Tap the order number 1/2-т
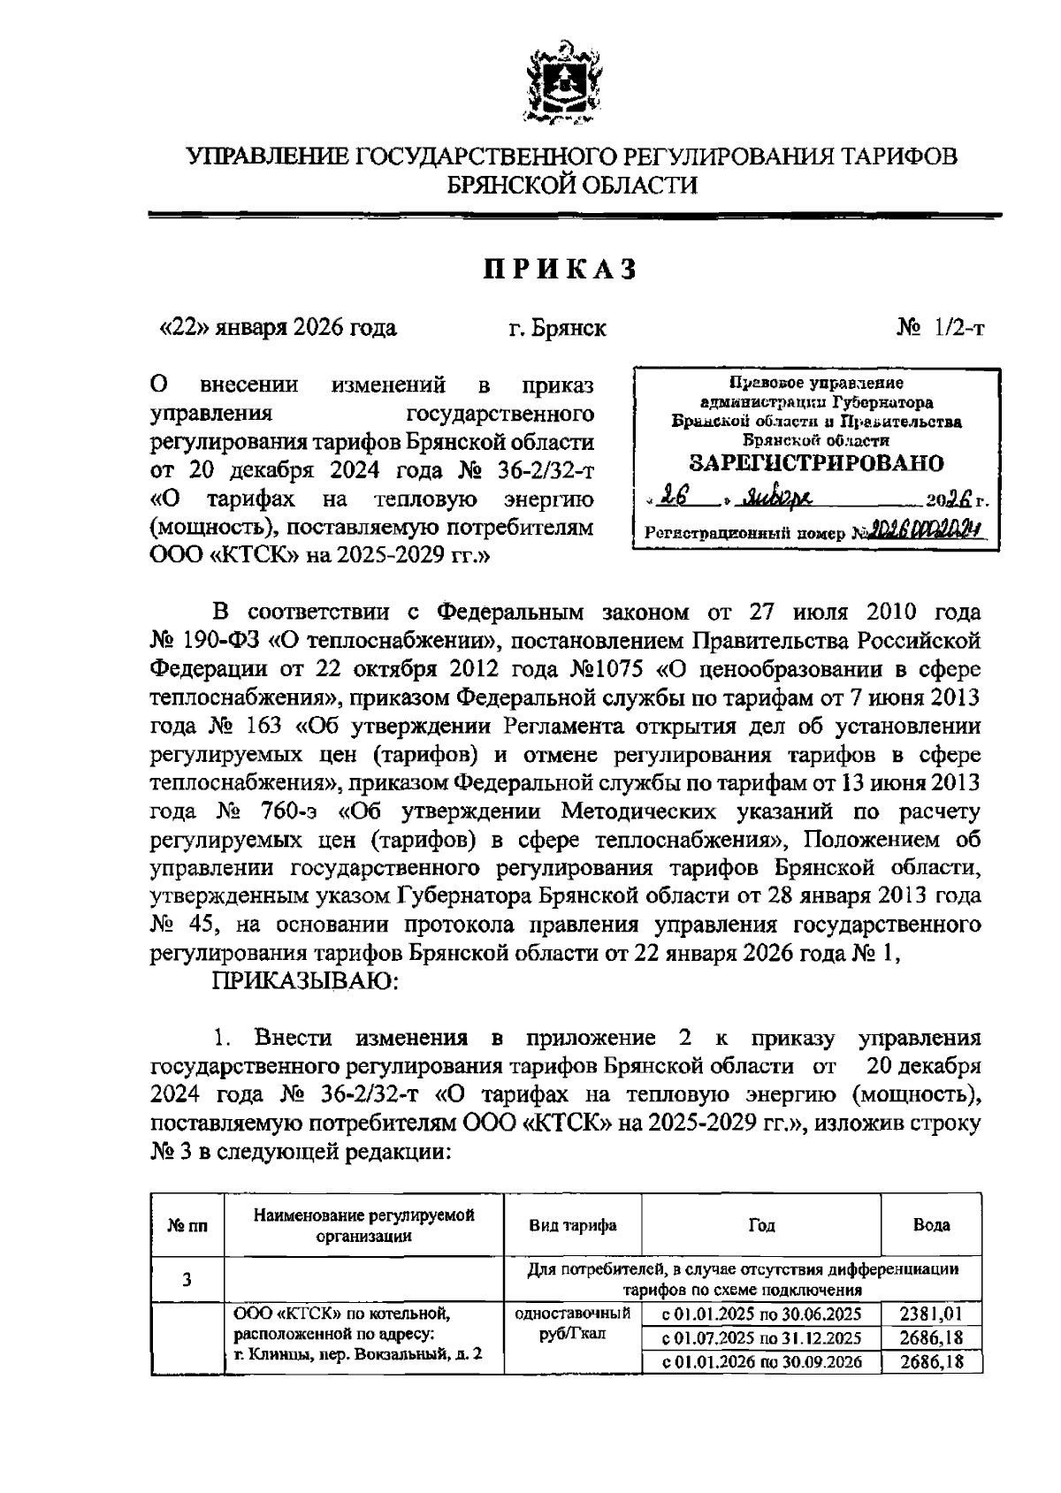959,329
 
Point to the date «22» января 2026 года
277,329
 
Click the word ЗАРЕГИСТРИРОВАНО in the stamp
815,462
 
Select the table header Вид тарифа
573,1225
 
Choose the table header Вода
931,1225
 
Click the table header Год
761,1225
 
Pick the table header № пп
187,1226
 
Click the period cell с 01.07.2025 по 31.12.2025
762,1337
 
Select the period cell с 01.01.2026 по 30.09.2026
762,1362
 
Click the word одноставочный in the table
573,1313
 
